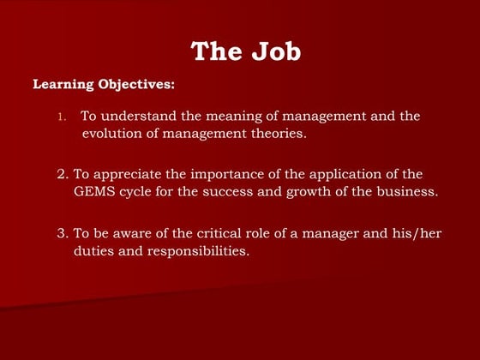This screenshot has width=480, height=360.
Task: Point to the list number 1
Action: coord(61,117)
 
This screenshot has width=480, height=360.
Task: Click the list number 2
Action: coord(63,174)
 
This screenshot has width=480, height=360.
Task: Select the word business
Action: coord(407,191)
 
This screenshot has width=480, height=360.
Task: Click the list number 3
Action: coord(63,233)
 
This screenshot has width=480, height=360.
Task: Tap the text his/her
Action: coord(419,233)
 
